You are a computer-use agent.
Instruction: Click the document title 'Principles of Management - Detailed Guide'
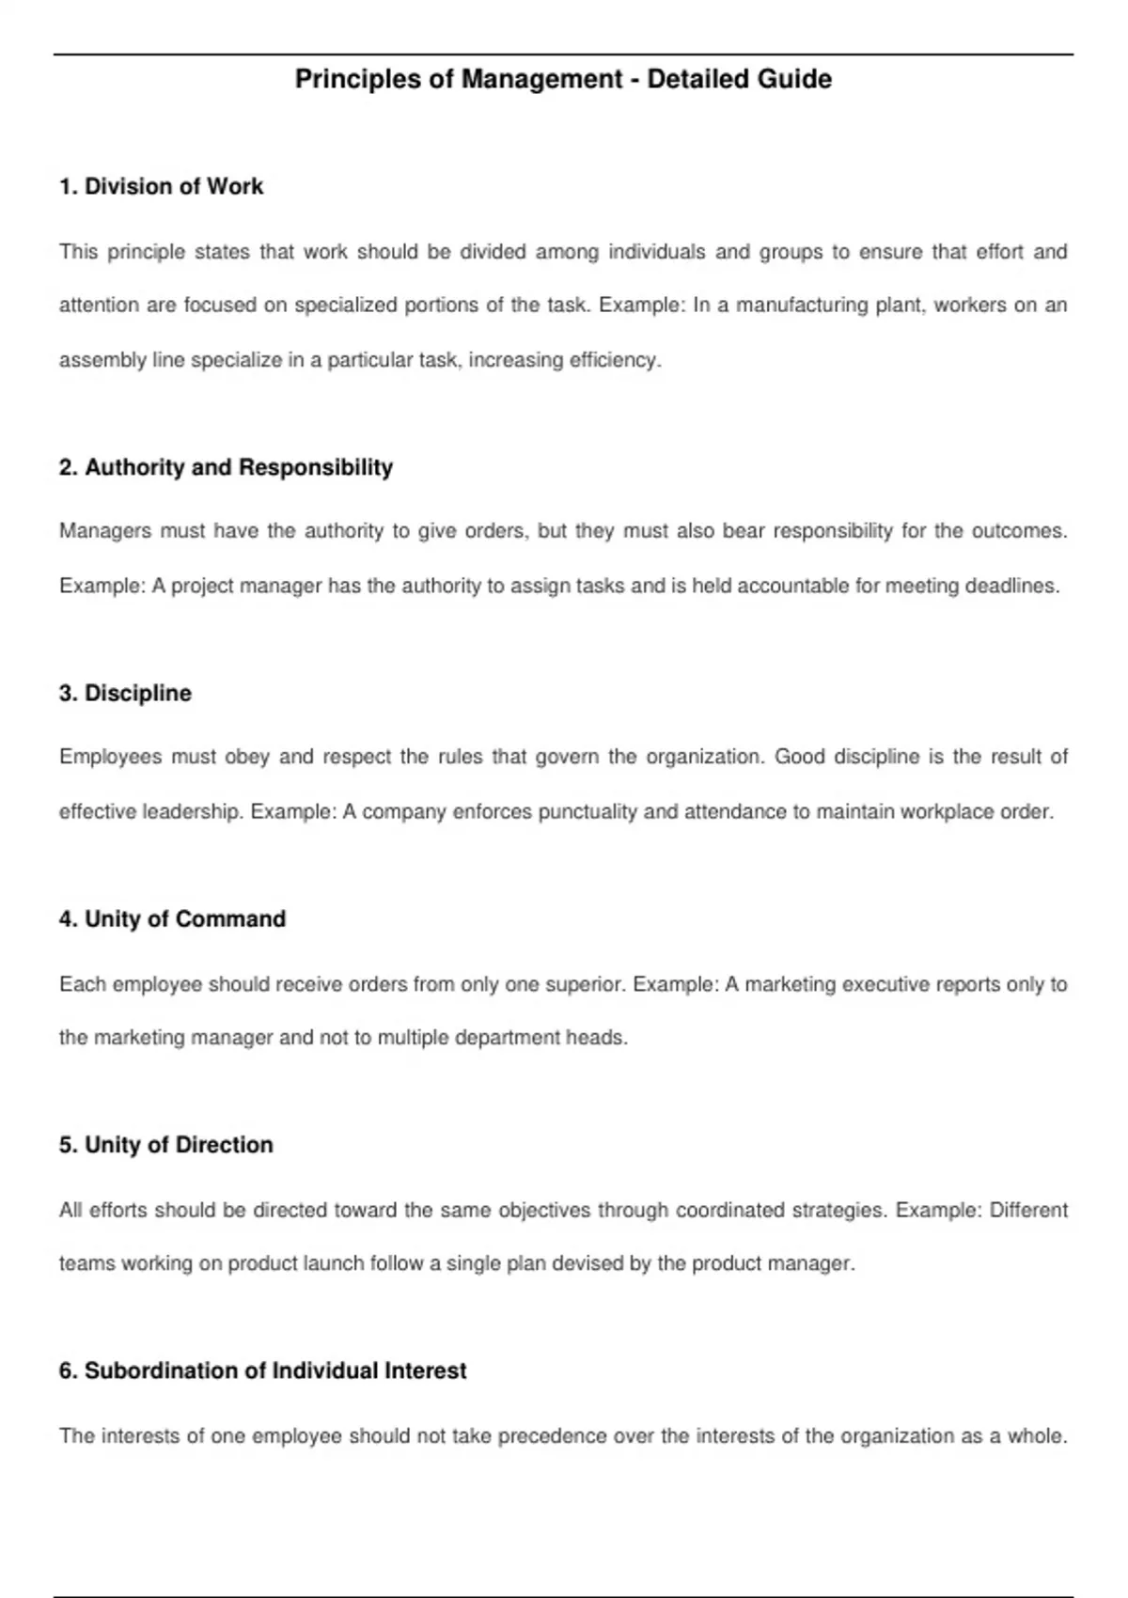[x=563, y=79]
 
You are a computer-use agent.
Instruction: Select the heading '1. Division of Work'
[x=161, y=186]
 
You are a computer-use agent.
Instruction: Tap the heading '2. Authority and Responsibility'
[x=226, y=467]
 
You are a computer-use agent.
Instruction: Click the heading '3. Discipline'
[x=125, y=693]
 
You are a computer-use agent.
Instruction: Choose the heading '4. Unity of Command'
[x=172, y=918]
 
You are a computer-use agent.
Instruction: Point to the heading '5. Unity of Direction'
[x=165, y=1144]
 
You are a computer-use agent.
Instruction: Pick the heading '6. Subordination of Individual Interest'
[x=262, y=1371]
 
